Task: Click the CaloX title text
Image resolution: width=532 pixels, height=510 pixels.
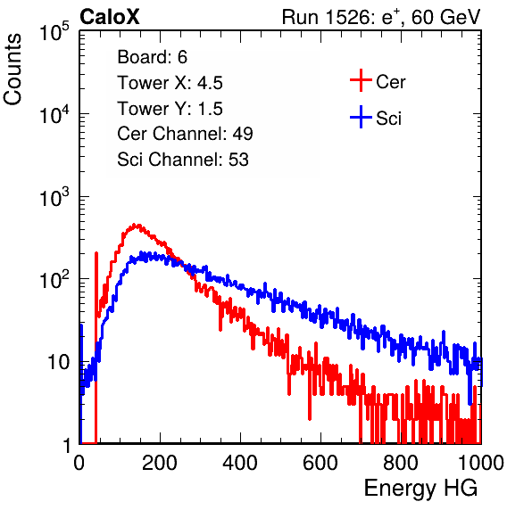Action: [x=110, y=17]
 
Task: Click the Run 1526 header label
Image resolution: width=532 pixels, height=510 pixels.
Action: [x=381, y=17]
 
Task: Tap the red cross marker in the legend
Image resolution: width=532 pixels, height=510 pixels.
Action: [x=361, y=80]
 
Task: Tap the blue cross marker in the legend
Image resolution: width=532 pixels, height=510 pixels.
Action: [x=361, y=118]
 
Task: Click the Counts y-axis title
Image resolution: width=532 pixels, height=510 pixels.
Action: [x=12, y=70]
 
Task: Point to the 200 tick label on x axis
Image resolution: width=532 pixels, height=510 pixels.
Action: [x=160, y=463]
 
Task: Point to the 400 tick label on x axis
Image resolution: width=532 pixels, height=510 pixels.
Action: [x=240, y=463]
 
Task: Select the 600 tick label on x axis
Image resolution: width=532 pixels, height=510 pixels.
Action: [x=320, y=463]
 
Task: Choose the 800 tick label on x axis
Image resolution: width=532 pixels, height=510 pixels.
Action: [x=401, y=463]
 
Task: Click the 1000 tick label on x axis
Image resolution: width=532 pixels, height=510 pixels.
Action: [x=481, y=463]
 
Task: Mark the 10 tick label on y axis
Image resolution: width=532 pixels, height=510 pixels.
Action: [x=58, y=362]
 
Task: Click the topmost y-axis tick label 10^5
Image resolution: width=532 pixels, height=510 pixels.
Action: [x=54, y=31]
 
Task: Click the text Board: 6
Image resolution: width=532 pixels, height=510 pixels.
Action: [x=152, y=57]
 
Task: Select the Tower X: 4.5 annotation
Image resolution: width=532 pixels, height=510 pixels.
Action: [x=170, y=83]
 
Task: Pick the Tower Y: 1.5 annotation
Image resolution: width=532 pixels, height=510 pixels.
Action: [x=170, y=109]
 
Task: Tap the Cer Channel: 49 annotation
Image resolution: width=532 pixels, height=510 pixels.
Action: [x=185, y=134]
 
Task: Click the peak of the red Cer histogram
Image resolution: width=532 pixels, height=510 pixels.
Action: [x=136, y=225]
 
